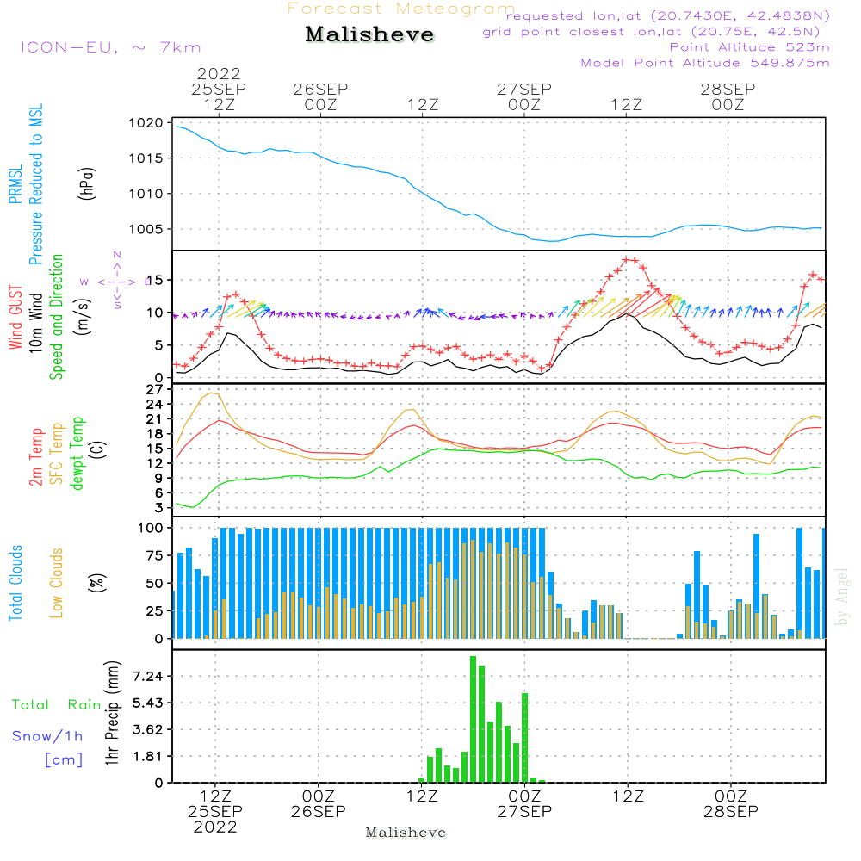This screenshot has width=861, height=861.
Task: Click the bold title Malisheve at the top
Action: [369, 35]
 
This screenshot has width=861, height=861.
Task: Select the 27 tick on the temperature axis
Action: [155, 389]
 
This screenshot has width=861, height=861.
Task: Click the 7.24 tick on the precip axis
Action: [147, 677]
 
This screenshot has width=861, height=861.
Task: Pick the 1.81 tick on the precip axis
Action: [147, 756]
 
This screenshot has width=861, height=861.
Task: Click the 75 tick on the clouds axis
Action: [154, 555]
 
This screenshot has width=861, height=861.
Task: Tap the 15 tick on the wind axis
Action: [155, 280]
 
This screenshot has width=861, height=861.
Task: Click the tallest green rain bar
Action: [473, 719]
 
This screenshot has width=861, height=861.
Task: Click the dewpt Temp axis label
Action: [77, 454]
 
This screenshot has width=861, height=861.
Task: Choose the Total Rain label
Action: [56, 705]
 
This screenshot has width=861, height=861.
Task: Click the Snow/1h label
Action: [48, 737]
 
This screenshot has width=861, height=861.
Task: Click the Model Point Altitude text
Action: [705, 63]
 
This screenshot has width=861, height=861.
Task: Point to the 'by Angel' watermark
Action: [842, 597]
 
